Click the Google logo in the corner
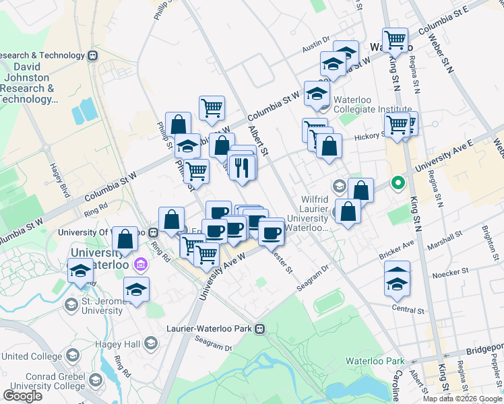(22, 396)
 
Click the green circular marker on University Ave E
(398, 182)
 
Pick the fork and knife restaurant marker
(243, 166)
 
